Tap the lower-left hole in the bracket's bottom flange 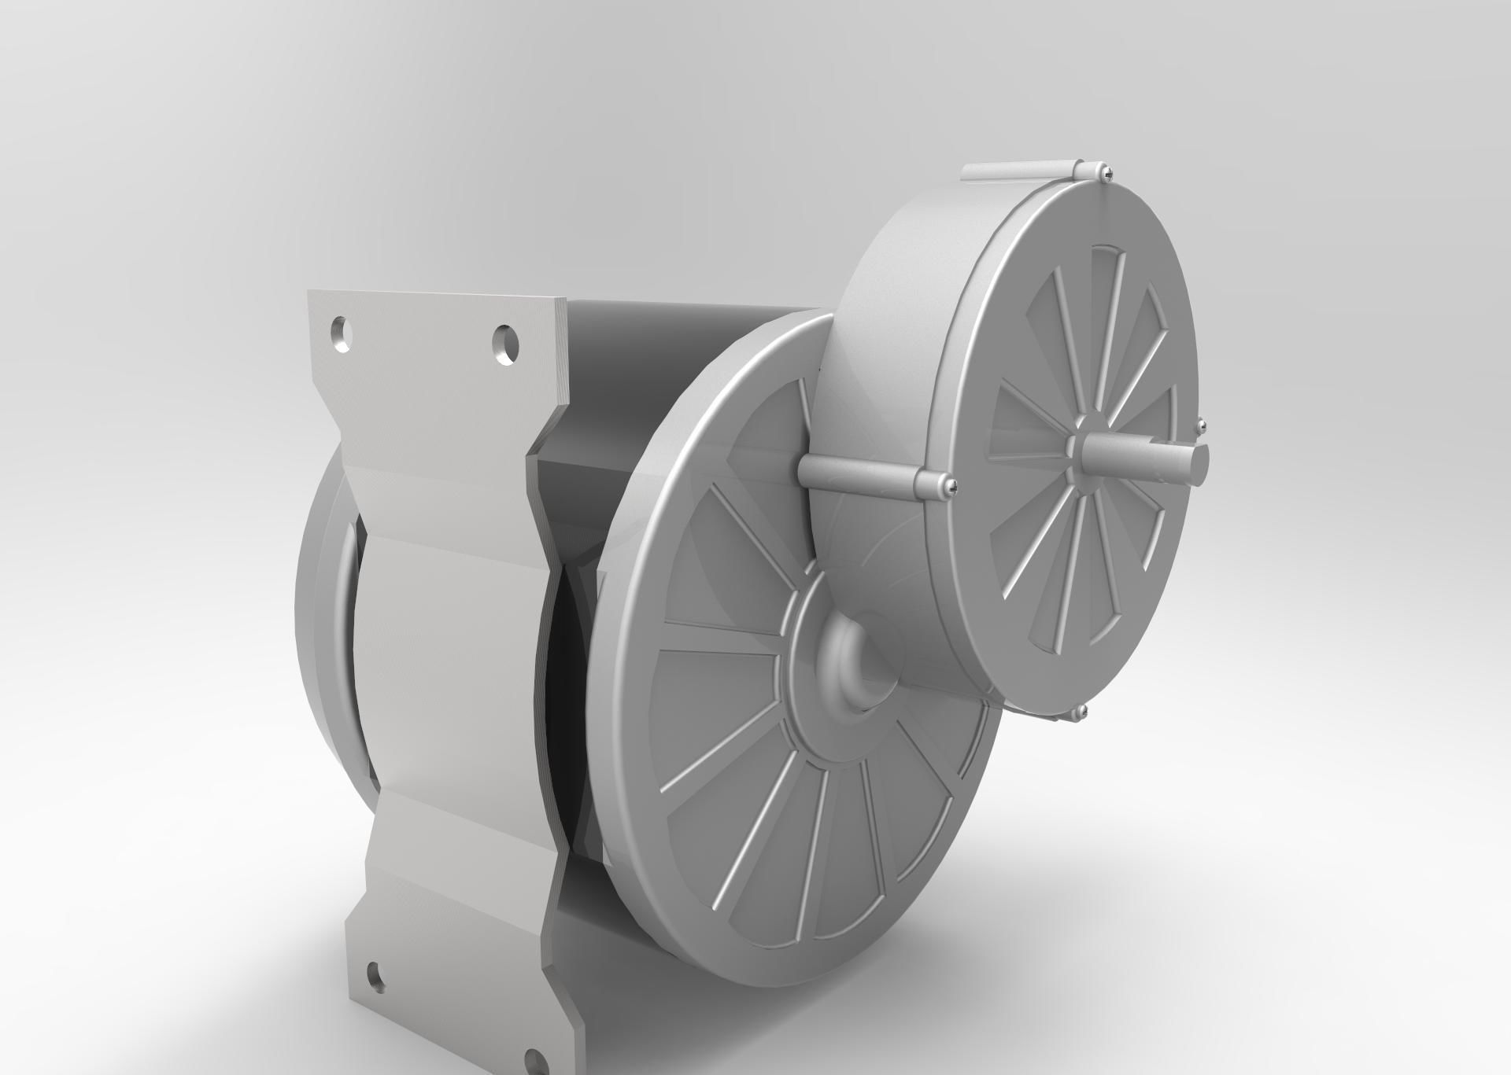click(377, 976)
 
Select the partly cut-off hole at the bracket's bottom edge click(537, 1062)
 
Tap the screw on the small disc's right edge click(1200, 425)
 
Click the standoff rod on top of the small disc click(1015, 171)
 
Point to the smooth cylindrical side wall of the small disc click(889, 330)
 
